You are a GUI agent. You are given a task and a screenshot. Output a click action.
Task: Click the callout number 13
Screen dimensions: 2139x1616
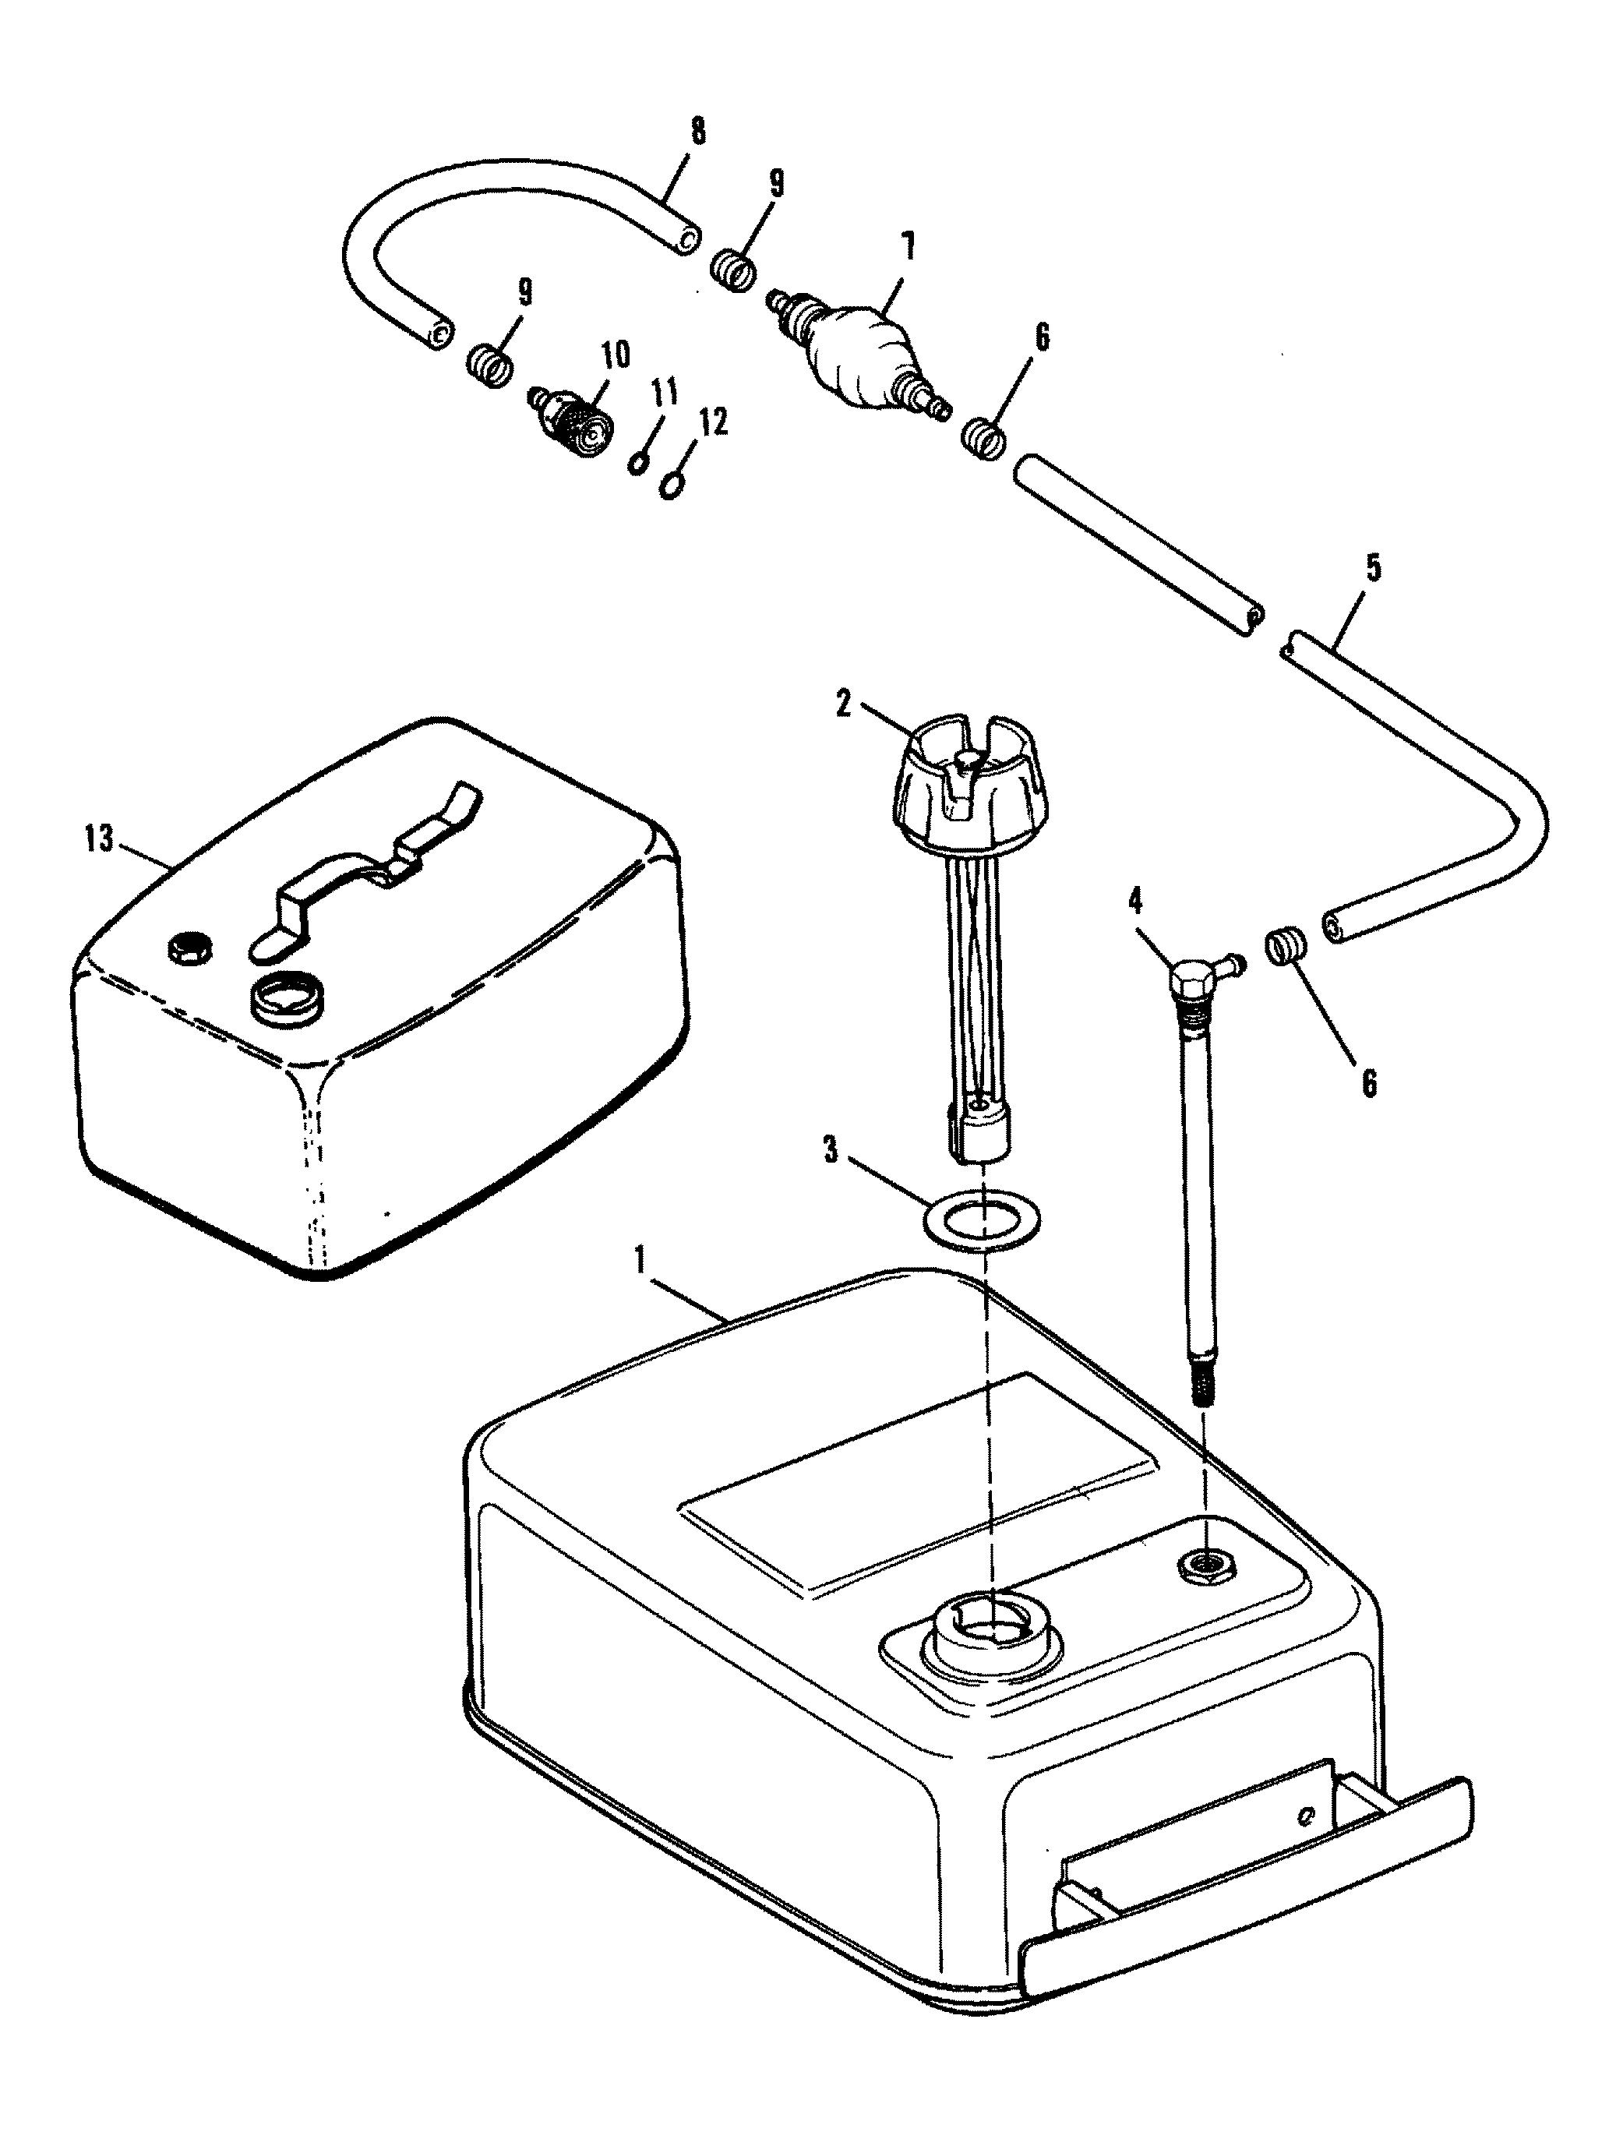click(97, 838)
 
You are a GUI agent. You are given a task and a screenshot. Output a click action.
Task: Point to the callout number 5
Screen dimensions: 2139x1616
click(1373, 567)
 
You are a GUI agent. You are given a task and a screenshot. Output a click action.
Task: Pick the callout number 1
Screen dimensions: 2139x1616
click(639, 1259)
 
